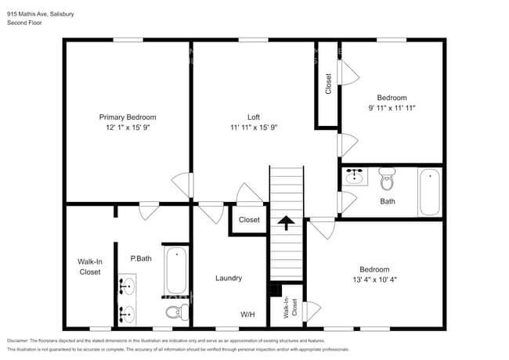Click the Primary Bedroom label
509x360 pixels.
(x=127, y=117)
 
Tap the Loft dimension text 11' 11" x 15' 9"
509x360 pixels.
(x=254, y=127)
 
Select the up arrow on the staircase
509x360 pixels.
(x=287, y=223)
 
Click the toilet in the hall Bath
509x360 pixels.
(x=386, y=179)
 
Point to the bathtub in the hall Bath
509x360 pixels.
(x=430, y=192)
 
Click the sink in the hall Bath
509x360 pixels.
(x=354, y=176)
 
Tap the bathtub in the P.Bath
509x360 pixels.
(x=176, y=271)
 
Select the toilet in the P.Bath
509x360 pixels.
(x=176, y=313)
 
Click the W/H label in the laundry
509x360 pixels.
(x=247, y=314)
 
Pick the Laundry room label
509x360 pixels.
(x=229, y=278)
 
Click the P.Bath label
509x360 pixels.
(x=141, y=258)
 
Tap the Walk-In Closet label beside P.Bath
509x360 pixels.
(x=89, y=267)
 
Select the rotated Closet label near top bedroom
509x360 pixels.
(x=328, y=84)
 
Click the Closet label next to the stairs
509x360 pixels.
(x=249, y=220)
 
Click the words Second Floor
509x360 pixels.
(x=24, y=23)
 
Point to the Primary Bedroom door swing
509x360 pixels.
(x=182, y=185)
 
